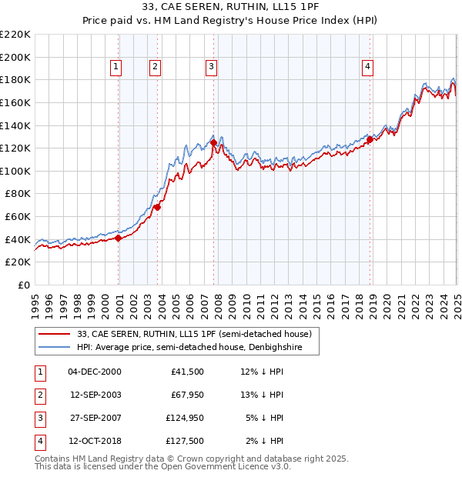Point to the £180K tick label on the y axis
15,79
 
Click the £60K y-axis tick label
18,217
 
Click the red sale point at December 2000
119,239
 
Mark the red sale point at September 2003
157,208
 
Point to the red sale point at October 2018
370,139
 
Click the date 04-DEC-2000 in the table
95,372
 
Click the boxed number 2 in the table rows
39,395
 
